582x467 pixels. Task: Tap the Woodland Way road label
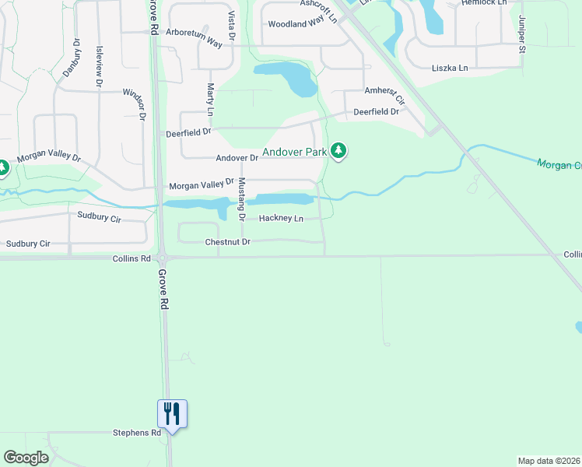(x=296, y=24)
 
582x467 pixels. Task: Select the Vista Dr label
(x=232, y=26)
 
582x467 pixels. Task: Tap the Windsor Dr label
(x=134, y=104)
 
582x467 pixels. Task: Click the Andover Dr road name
(x=237, y=158)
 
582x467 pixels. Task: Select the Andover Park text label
(x=294, y=152)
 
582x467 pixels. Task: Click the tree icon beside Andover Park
(x=338, y=150)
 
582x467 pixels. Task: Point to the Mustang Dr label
(x=242, y=198)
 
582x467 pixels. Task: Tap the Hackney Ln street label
(x=281, y=219)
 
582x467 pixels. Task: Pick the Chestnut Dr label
(x=227, y=242)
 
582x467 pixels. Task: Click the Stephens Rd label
(x=137, y=432)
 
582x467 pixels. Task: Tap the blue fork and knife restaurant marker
(x=172, y=413)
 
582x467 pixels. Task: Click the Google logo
(x=26, y=458)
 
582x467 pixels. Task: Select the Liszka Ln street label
(x=451, y=68)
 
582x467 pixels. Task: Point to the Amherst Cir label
(x=385, y=95)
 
